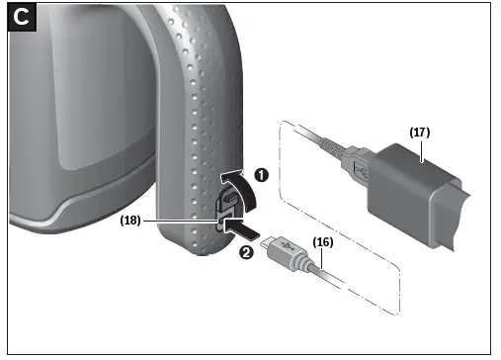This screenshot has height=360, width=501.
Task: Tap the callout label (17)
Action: tap(420, 132)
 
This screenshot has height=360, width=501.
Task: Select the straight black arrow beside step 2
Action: tap(242, 231)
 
